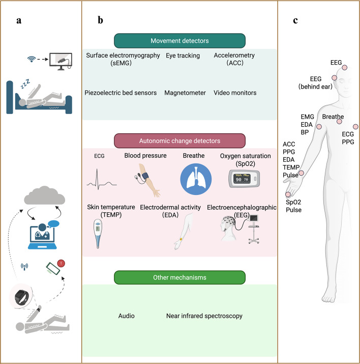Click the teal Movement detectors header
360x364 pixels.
179,41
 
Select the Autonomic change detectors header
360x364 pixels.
179,141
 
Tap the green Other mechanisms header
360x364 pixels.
179,277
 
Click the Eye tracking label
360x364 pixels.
183,55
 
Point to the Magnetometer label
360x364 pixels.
185,93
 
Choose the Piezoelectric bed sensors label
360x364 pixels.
121,93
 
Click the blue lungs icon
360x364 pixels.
196,179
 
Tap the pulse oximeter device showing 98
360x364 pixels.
244,179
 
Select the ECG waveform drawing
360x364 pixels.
102,179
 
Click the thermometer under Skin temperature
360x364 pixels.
98,234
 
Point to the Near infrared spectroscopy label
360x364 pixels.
204,316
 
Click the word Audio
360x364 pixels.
126,316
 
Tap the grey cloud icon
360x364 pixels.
45,195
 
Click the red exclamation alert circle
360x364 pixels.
61,263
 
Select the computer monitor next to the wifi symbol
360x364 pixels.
61,61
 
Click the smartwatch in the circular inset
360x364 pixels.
21,297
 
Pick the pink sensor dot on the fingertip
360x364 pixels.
288,194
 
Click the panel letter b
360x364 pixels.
100,20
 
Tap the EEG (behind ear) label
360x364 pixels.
315,82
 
